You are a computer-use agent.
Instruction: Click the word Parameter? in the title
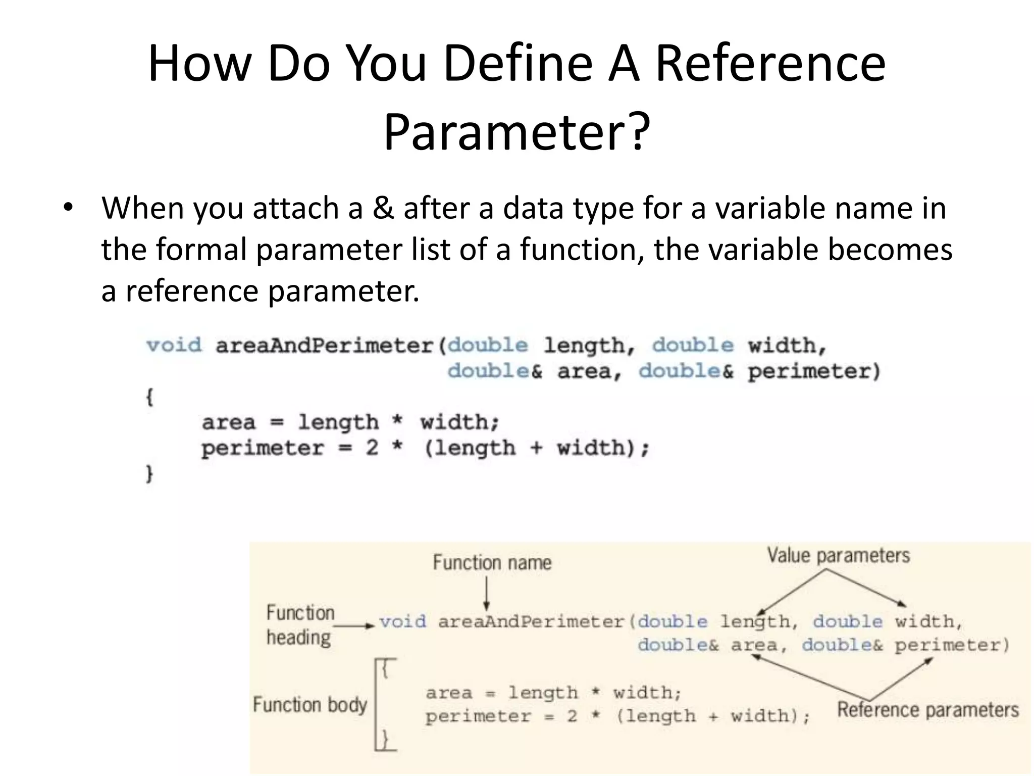pos(516,132)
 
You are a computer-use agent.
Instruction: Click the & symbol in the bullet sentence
pos(383,208)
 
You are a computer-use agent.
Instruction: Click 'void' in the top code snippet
pos(174,346)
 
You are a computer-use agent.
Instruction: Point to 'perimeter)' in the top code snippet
pos(814,371)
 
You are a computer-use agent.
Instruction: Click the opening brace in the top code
pos(149,397)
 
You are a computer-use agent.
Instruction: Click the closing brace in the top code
pos(149,474)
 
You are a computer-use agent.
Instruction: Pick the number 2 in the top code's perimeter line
pos(372,448)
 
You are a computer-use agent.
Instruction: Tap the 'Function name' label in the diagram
pos(492,563)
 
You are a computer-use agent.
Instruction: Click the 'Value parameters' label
pos(838,555)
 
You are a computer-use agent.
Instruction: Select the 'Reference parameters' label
pos(927,710)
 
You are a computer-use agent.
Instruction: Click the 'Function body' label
pos(310,705)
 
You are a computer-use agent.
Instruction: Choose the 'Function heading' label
pos(300,625)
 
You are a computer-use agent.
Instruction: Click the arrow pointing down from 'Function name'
pos(487,594)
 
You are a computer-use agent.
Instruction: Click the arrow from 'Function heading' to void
pos(353,626)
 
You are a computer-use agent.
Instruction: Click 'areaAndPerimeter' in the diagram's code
pos(531,622)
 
